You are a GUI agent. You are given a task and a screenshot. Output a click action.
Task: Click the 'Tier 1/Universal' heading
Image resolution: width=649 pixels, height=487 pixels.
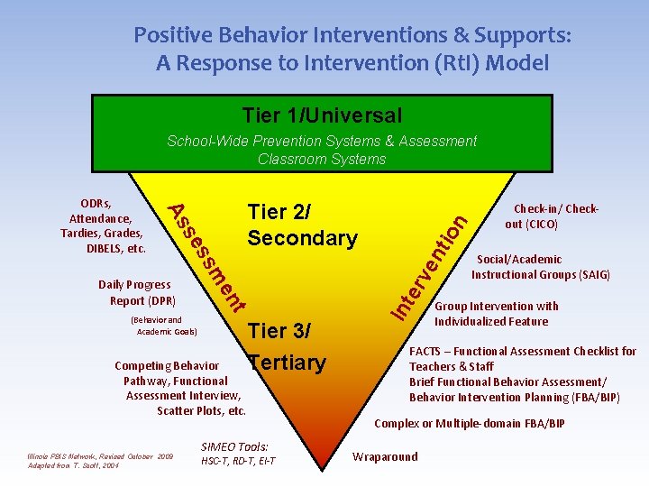(322, 115)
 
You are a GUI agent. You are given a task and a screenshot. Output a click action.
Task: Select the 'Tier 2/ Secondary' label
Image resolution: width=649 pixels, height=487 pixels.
(302, 225)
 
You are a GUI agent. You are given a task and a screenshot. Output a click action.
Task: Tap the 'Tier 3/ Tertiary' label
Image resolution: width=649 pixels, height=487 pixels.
(287, 347)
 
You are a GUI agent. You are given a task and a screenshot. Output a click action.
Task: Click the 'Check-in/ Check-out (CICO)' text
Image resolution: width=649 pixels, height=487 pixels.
(556, 216)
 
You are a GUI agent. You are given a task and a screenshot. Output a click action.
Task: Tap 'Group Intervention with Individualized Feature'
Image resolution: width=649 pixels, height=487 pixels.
(496, 314)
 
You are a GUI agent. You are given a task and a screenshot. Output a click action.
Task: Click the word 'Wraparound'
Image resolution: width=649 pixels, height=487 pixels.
(385, 456)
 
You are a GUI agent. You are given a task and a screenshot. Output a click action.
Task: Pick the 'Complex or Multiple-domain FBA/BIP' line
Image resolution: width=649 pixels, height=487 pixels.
(469, 423)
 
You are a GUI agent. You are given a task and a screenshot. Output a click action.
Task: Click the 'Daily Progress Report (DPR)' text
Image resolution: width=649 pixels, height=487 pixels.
(136, 293)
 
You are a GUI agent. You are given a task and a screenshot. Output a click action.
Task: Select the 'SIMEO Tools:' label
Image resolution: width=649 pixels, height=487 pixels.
(234, 446)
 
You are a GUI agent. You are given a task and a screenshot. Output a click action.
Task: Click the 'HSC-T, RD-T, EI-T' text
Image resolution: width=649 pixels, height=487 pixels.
(238, 462)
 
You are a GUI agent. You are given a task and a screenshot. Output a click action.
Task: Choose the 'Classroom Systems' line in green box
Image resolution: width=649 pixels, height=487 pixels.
(322, 160)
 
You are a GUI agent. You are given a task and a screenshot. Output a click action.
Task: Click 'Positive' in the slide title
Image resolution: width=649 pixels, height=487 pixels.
(171, 36)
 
